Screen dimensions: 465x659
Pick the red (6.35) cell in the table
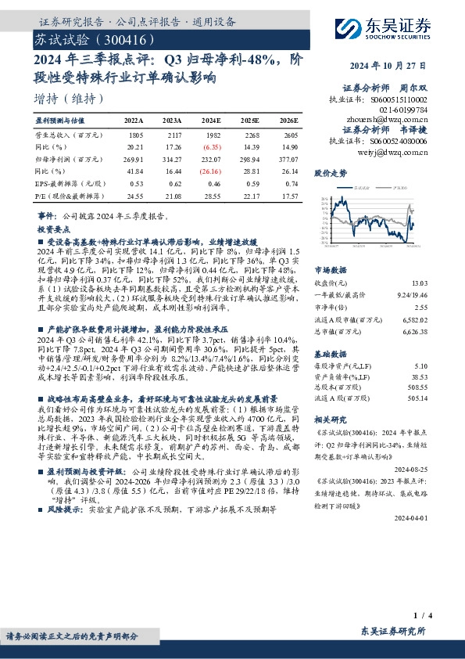coord(211,146)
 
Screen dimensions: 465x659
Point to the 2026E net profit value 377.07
coord(286,158)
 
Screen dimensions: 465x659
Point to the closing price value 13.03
coord(442,283)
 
